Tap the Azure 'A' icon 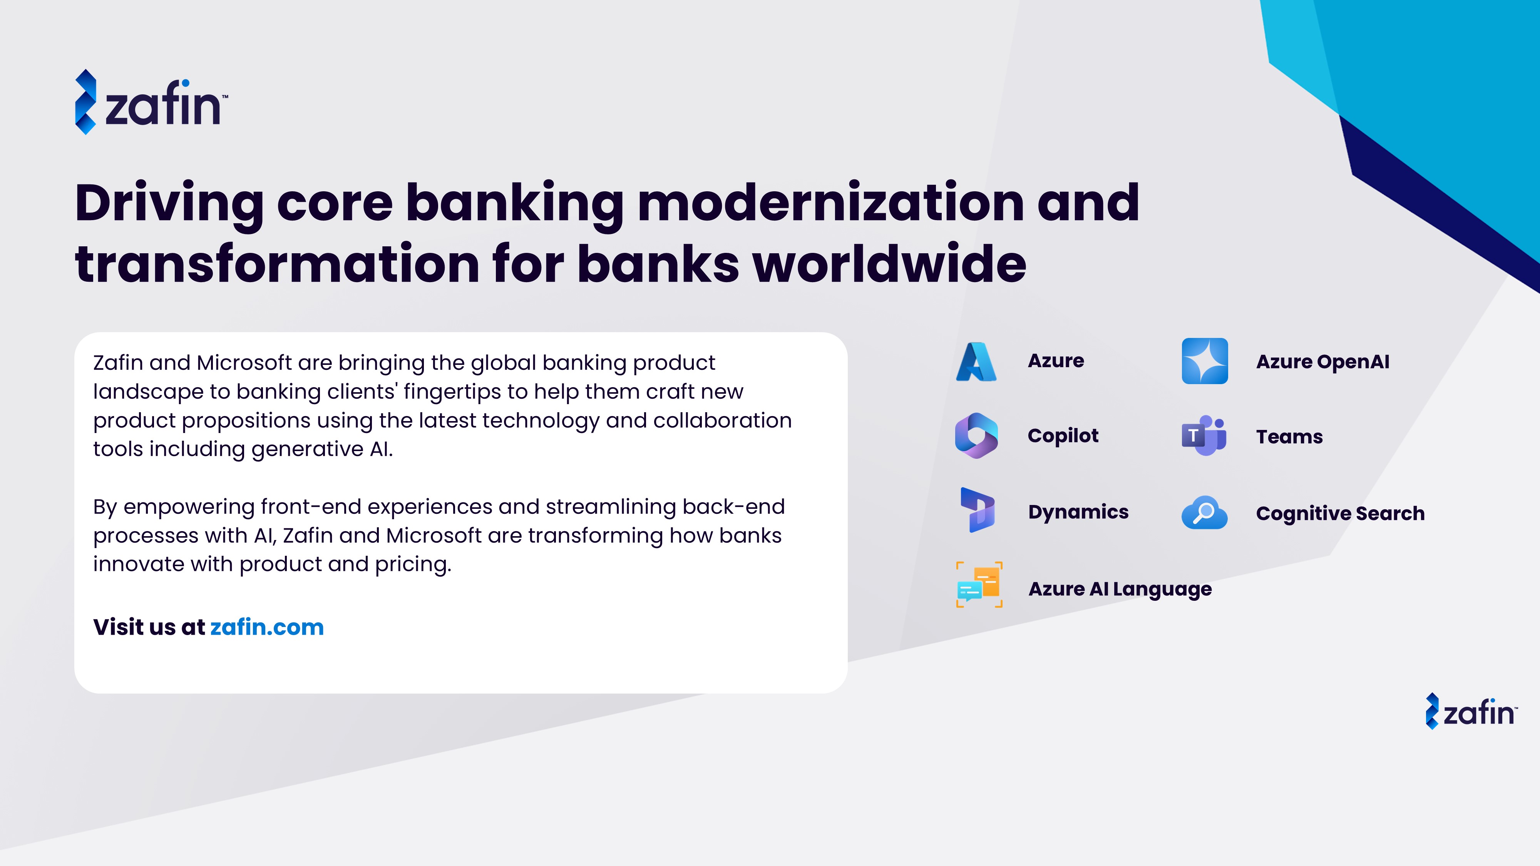pyautogui.click(x=976, y=361)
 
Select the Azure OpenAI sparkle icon pyautogui.click(x=1205, y=361)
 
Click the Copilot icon pyautogui.click(x=976, y=436)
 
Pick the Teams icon pyautogui.click(x=1204, y=436)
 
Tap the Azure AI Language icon pyautogui.click(x=979, y=585)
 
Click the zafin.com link pyautogui.click(x=267, y=627)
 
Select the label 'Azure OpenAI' pyautogui.click(x=1322, y=361)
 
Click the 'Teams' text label pyautogui.click(x=1289, y=436)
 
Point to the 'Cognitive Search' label pyautogui.click(x=1340, y=513)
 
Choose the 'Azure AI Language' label pyautogui.click(x=1120, y=589)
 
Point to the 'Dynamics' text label pyautogui.click(x=1078, y=513)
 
